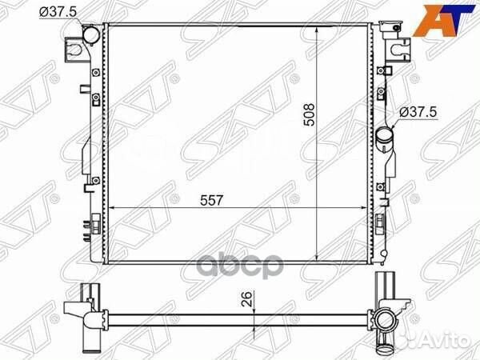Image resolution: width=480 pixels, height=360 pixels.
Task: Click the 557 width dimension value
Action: pyautogui.click(x=212, y=201)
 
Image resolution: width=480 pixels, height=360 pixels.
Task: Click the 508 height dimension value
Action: pyautogui.click(x=310, y=114)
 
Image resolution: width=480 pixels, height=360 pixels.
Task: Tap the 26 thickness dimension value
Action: pyautogui.click(x=247, y=299)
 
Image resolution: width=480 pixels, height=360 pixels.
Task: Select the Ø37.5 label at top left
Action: pyautogui.click(x=58, y=12)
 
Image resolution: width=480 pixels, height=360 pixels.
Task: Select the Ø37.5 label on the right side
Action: pyautogui.click(x=418, y=113)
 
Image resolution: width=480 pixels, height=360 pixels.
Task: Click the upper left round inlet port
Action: pyautogui.click(x=91, y=35)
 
